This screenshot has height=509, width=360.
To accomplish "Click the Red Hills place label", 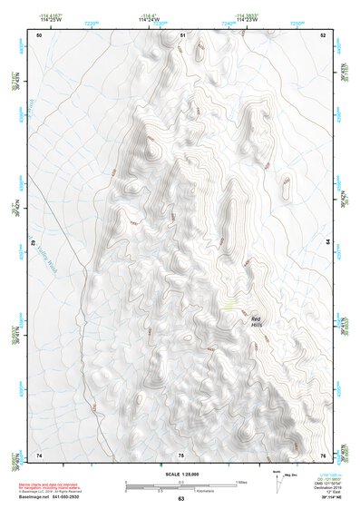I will tap(256, 322).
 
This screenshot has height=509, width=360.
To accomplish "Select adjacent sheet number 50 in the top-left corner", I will tap(39, 34).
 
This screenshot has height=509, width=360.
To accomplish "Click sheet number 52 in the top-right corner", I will tap(324, 34).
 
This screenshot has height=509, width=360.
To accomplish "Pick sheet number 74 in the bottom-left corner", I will tap(39, 454).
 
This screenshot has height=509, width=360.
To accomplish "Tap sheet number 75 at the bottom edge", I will tap(181, 454).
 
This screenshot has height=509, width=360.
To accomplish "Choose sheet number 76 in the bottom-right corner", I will tap(324, 454).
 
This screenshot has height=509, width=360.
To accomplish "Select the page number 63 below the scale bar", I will tap(180, 499).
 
